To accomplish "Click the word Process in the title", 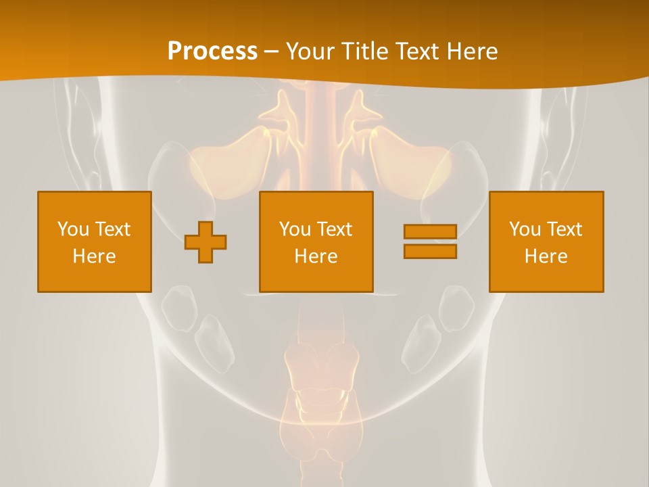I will click(212, 51).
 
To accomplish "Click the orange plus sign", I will click(206, 241).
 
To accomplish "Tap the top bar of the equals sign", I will click(430, 232).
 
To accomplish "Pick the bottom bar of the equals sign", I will click(430, 251).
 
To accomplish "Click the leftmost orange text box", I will click(95, 241).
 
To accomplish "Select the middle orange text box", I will click(316, 241).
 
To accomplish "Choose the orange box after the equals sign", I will click(546, 241).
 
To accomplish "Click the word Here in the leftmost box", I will click(95, 256).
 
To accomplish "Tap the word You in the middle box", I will click(295, 229).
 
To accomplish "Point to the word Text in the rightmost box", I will click(564, 229).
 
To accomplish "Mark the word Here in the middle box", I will click(316, 256).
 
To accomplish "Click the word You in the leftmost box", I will click(73, 229).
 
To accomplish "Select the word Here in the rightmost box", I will click(546, 256).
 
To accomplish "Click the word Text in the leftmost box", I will click(113, 229).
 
